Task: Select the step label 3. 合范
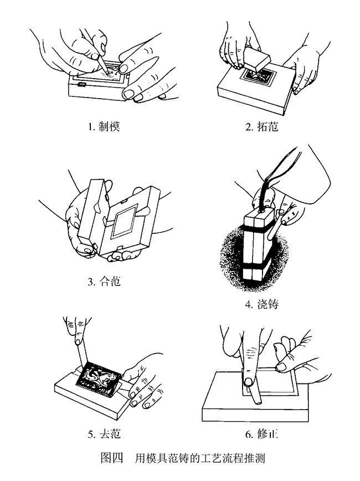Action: tap(104, 282)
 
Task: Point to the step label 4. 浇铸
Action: tap(261, 304)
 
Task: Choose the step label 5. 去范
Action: tap(104, 434)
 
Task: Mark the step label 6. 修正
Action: tap(261, 434)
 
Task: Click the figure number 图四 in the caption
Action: tap(112, 458)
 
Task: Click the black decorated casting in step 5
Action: tap(98, 378)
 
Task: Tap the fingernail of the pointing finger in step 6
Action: tap(248, 381)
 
